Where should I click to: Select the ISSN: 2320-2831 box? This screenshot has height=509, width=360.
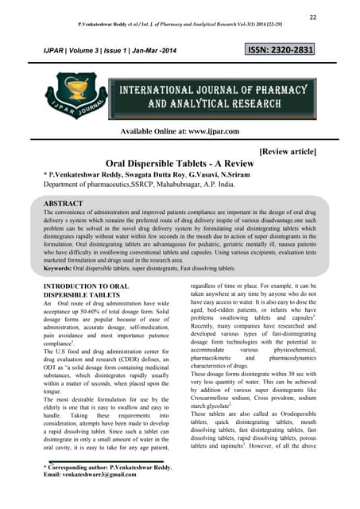pos(281,51)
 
